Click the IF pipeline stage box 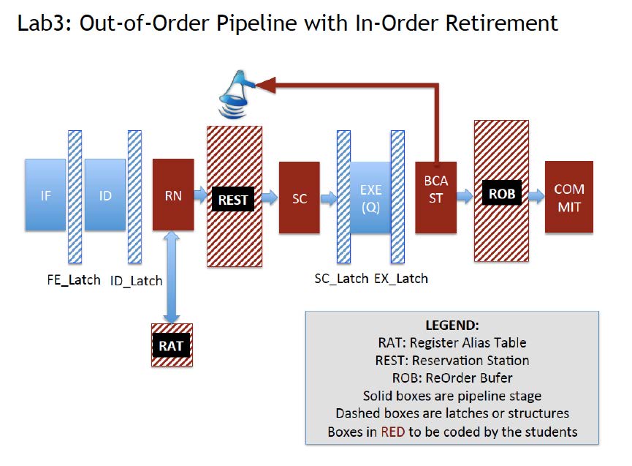45,195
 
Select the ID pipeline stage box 105,195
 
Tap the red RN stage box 173,195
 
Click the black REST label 233,198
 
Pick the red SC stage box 300,198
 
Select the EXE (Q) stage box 370,198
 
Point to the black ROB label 501,195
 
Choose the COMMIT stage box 569,198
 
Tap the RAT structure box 171,345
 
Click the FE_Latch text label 69,279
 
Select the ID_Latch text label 137,280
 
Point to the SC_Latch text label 341,279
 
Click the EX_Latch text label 401,279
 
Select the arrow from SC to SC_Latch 327,197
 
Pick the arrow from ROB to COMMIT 536,195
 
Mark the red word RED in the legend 391,432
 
